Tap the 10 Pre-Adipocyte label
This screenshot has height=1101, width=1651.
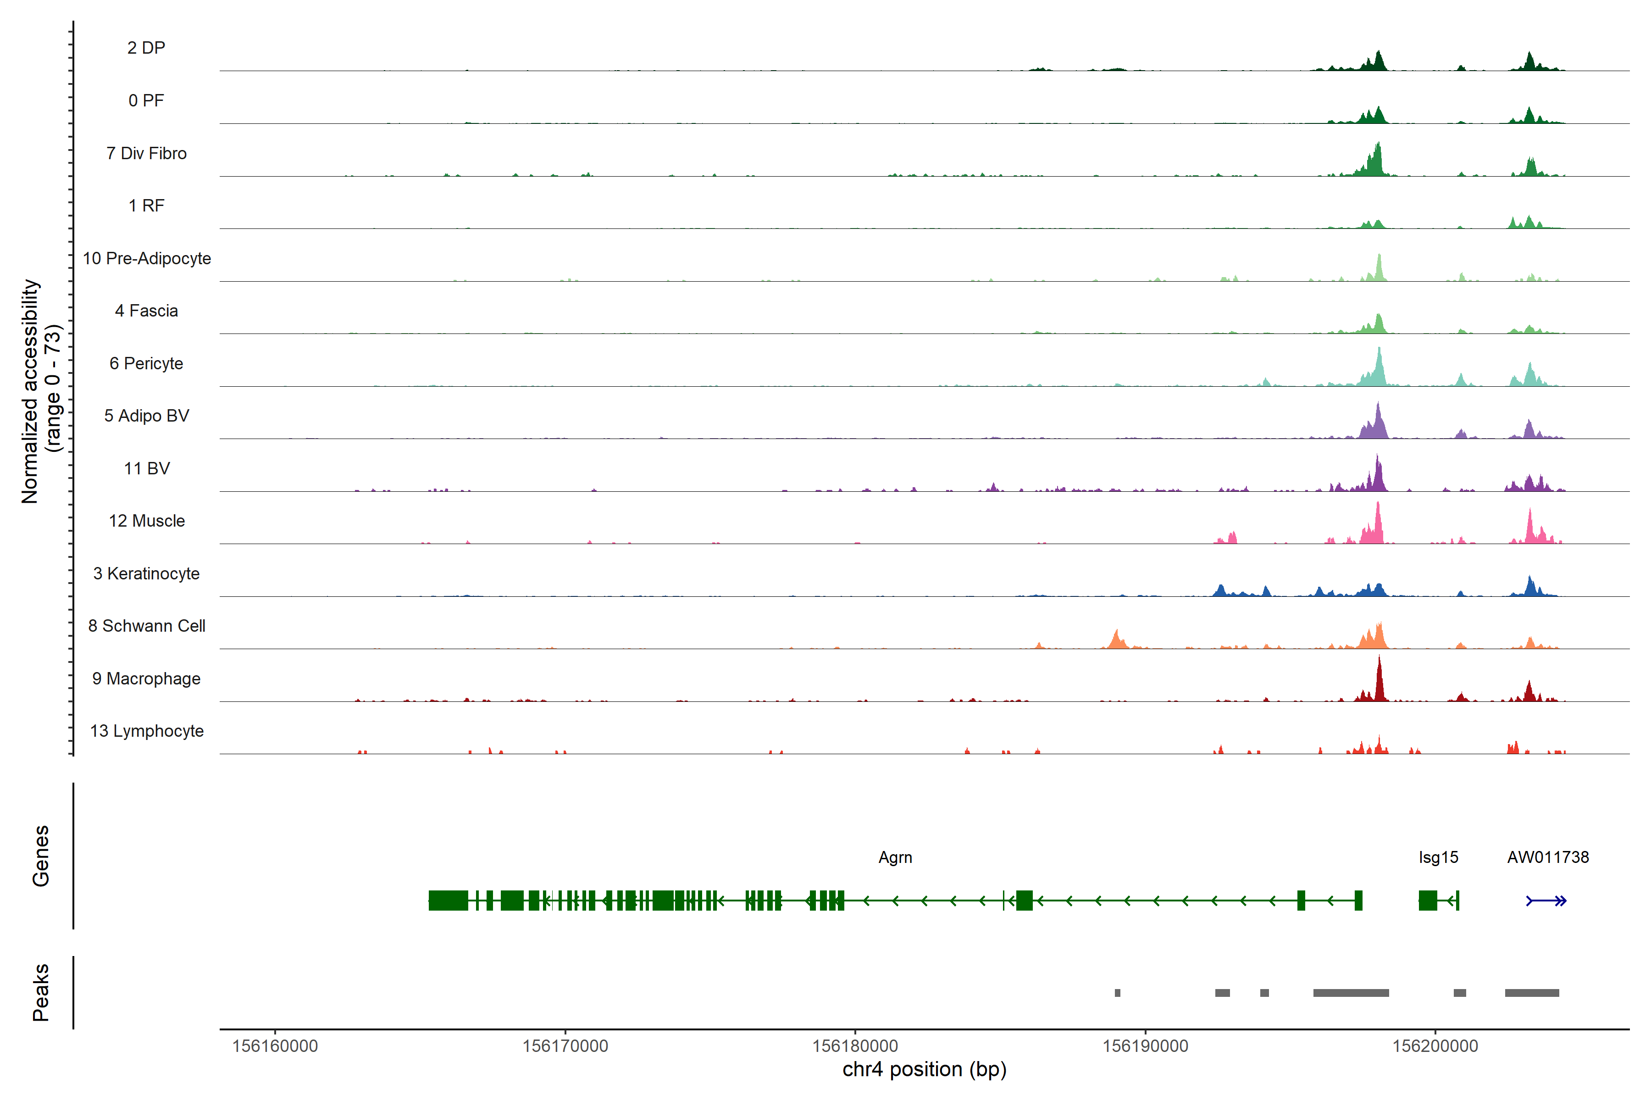tap(147, 258)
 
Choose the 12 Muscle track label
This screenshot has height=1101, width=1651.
tap(147, 521)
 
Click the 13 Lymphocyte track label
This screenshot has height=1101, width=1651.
tap(147, 731)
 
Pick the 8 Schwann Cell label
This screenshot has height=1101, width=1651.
tap(147, 626)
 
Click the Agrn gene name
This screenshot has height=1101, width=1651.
tap(895, 857)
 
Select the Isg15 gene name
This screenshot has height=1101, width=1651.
tap(1438, 857)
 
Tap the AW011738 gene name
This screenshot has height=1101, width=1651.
tap(1548, 857)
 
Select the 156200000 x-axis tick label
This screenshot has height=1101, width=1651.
tap(1435, 1046)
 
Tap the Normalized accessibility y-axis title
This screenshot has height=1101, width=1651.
tap(29, 391)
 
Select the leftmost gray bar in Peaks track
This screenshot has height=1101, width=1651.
tap(1118, 993)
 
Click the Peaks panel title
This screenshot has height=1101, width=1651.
tap(41, 992)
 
